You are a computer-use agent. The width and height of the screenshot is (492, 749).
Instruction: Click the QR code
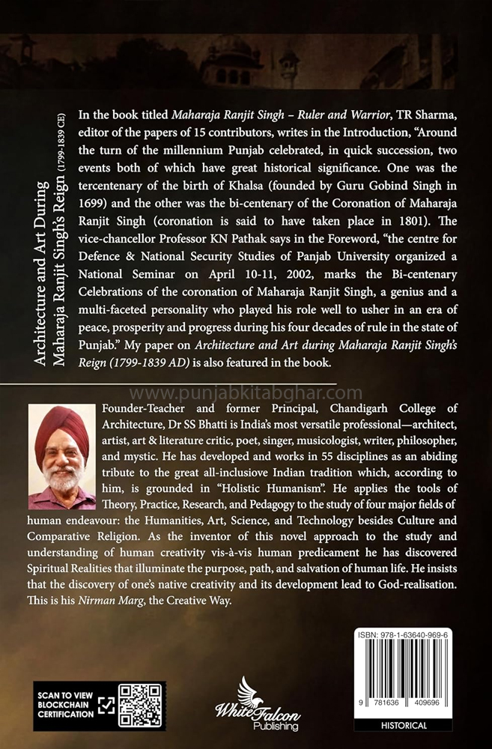coord(141,705)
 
